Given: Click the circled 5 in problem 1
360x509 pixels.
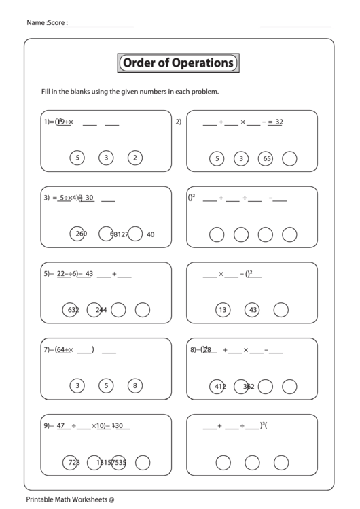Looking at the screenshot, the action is point(77,158).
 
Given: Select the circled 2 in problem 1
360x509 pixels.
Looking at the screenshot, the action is point(135,158).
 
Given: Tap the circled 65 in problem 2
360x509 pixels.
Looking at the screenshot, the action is point(266,159).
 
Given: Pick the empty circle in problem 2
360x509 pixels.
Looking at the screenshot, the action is point(290,159).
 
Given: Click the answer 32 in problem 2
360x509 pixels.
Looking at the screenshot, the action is point(278,122).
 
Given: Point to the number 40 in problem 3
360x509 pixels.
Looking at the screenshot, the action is point(150,234).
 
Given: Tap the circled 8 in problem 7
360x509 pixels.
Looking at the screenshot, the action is point(135,386).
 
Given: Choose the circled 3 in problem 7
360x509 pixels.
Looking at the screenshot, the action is point(77,386).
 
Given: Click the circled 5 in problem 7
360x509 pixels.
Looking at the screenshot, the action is point(106,386).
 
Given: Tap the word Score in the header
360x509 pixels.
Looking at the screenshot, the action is point(57,23).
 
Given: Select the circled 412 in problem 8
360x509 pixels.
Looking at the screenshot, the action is point(219,387).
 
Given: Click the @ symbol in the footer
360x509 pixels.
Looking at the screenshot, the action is point(111,500).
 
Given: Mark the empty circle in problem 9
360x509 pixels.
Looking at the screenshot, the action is point(142,463).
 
